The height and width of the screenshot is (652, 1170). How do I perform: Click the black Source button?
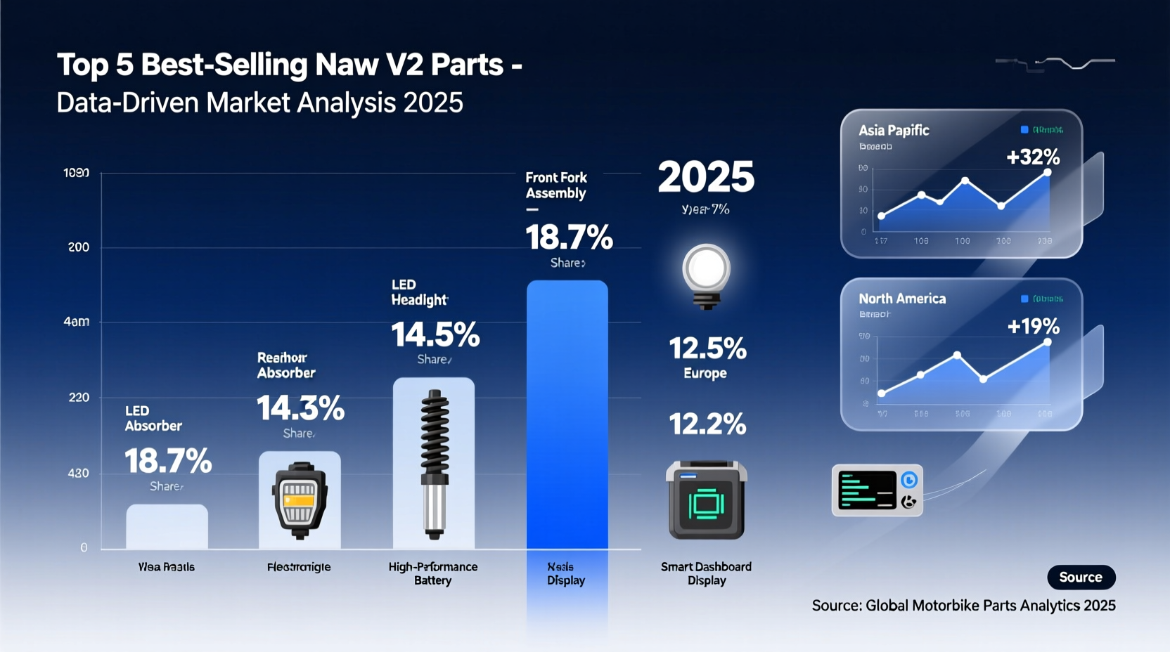pos(1081,577)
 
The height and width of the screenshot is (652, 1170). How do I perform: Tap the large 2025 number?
pos(706,177)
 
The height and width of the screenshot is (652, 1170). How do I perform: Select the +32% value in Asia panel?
pos(1032,157)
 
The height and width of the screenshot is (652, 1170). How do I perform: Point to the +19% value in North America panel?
pos(1033,326)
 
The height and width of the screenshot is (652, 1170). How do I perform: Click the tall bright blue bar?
pos(567,415)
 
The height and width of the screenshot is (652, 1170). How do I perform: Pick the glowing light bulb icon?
pos(706,274)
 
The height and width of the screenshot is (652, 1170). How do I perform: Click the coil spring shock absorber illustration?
pos(435,464)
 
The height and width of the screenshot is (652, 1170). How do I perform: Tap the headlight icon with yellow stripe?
pos(300,500)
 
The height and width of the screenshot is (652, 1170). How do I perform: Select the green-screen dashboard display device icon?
pos(706,500)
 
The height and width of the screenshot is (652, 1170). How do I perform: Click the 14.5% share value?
pos(435,334)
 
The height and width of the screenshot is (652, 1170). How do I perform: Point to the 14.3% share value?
pos(300,408)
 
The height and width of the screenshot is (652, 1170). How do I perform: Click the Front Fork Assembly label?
pos(556,185)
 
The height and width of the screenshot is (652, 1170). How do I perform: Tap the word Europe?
pos(705,373)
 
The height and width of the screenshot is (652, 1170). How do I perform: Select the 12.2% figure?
pos(707,424)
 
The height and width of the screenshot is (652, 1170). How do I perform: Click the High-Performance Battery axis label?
pos(432,573)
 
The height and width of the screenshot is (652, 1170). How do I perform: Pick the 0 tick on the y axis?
pos(84,547)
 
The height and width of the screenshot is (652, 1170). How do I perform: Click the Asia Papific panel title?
pos(894,130)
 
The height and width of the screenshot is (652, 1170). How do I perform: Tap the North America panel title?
pos(902,299)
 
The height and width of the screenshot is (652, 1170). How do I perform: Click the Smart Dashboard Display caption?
pos(706,573)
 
